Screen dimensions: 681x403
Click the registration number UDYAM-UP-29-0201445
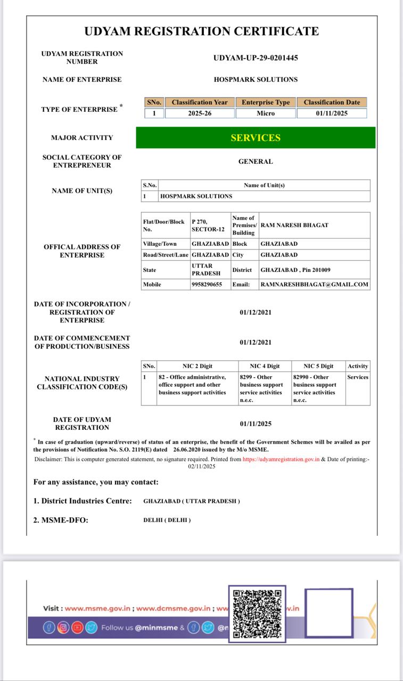pyautogui.click(x=256, y=57)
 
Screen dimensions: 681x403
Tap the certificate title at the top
pyautogui.click(x=202, y=31)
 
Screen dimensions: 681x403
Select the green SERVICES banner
pyautogui.click(x=256, y=138)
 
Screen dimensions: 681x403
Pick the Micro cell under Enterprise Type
pyautogui.click(x=266, y=113)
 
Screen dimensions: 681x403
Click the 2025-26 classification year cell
pyautogui.click(x=200, y=113)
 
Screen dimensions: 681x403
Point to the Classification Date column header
pyautogui.click(x=332, y=102)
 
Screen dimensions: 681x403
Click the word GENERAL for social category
pyautogui.click(x=256, y=161)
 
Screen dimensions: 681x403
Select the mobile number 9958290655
pyautogui.click(x=207, y=285)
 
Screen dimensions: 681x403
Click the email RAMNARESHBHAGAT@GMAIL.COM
pyautogui.click(x=314, y=285)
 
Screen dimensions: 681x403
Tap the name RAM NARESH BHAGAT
pyautogui.click(x=294, y=225)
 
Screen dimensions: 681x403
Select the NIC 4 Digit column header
pyautogui.click(x=265, y=366)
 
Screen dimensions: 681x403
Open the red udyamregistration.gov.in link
pyautogui.click(x=281, y=459)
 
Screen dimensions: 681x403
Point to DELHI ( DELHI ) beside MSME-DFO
pyautogui.click(x=167, y=520)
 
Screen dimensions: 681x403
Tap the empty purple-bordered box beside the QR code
pyautogui.click(x=328, y=613)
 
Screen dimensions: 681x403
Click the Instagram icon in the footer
pyautogui.click(x=63, y=627)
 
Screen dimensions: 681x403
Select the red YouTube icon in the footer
pyautogui.click(x=78, y=627)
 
